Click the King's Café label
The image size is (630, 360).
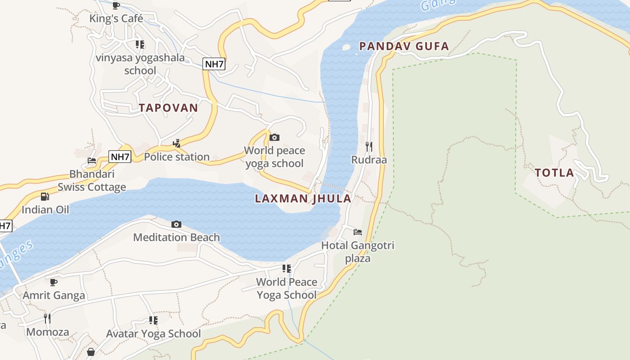pyautogui.click(x=116, y=18)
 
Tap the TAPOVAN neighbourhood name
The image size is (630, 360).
pyautogui.click(x=168, y=108)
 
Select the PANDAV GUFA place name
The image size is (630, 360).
pyautogui.click(x=404, y=46)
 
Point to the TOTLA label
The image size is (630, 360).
pyautogui.click(x=554, y=172)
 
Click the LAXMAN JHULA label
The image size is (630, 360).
pyautogui.click(x=303, y=198)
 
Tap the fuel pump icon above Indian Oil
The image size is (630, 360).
pyautogui.click(x=45, y=197)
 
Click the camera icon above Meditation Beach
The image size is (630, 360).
pyautogui.click(x=176, y=224)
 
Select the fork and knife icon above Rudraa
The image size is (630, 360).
pyautogui.click(x=369, y=146)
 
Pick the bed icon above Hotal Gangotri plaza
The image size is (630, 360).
pyautogui.click(x=358, y=232)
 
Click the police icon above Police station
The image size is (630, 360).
pyautogui.click(x=177, y=144)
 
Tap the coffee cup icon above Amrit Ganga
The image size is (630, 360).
pyautogui.click(x=54, y=282)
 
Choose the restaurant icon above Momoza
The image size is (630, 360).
pyautogui.click(x=47, y=319)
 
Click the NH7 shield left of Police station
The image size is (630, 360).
pyautogui.click(x=120, y=157)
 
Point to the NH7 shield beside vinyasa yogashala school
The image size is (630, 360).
pyautogui.click(x=214, y=64)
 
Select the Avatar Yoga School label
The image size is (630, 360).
pyautogui.click(x=153, y=333)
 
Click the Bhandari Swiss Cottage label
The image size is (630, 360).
pyautogui.click(x=92, y=180)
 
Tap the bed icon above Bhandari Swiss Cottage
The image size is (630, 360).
pyautogui.click(x=92, y=161)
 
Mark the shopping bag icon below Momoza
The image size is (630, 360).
pyautogui.click(x=91, y=351)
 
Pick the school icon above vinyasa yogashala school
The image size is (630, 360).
pyautogui.click(x=140, y=44)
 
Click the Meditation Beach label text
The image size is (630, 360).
pyautogui.click(x=176, y=237)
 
